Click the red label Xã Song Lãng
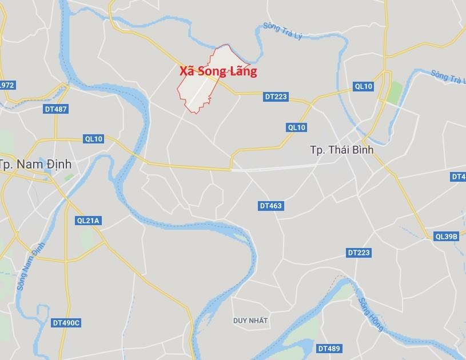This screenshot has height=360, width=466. (x=218, y=71)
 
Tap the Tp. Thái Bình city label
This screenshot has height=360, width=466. (x=341, y=150)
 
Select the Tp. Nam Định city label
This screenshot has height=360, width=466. (x=35, y=164)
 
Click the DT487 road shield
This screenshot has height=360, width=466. (x=55, y=109)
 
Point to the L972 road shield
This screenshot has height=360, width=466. (x=7, y=85)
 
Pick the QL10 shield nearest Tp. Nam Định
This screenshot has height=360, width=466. (x=93, y=139)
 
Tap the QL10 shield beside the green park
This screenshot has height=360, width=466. (x=363, y=86)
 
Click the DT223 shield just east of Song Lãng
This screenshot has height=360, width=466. (x=276, y=97)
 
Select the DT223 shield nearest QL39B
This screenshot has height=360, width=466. (x=359, y=253)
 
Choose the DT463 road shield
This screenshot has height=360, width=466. (x=270, y=206)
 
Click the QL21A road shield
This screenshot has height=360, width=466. (x=88, y=221)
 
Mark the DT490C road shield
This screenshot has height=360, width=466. (x=66, y=323)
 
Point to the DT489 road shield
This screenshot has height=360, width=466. (x=329, y=348)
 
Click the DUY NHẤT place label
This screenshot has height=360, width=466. (x=250, y=321)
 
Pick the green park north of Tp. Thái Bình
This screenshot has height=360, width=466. (x=393, y=93)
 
